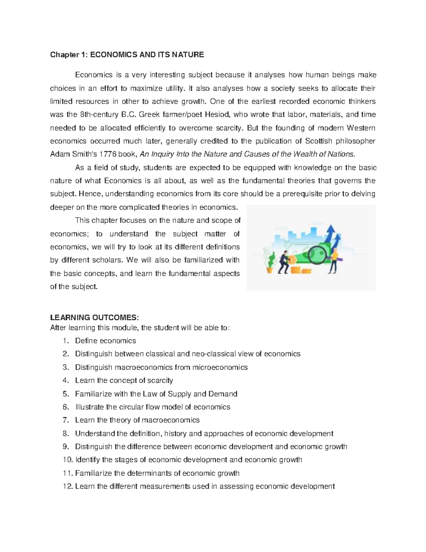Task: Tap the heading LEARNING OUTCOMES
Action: (93, 317)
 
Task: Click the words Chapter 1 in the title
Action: (67, 55)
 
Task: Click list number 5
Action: (65, 394)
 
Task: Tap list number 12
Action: (67, 487)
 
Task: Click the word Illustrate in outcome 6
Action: (89, 407)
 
